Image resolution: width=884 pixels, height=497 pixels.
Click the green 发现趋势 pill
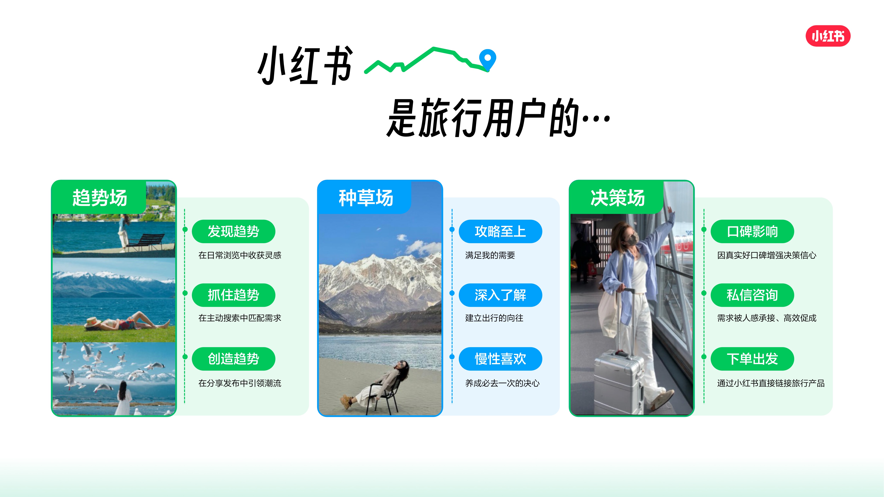pyautogui.click(x=233, y=231)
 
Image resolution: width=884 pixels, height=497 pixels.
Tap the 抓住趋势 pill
pyautogui.click(x=233, y=295)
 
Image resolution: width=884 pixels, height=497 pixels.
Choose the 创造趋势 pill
pyautogui.click(x=233, y=359)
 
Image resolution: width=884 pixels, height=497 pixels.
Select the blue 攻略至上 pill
pyautogui.click(x=500, y=231)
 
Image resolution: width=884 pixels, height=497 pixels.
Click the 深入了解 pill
pyautogui.click(x=500, y=295)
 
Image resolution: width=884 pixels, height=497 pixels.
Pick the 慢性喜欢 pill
pyautogui.click(x=500, y=359)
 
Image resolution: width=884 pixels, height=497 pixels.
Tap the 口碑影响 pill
pyautogui.click(x=752, y=231)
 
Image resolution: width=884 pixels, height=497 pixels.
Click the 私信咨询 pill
pyautogui.click(x=752, y=295)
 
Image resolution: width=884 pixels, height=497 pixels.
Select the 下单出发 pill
pyautogui.click(x=752, y=359)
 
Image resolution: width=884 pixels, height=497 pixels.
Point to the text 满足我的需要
pyautogui.click(x=490, y=255)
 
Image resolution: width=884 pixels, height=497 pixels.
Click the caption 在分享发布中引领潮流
pyautogui.click(x=240, y=383)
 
